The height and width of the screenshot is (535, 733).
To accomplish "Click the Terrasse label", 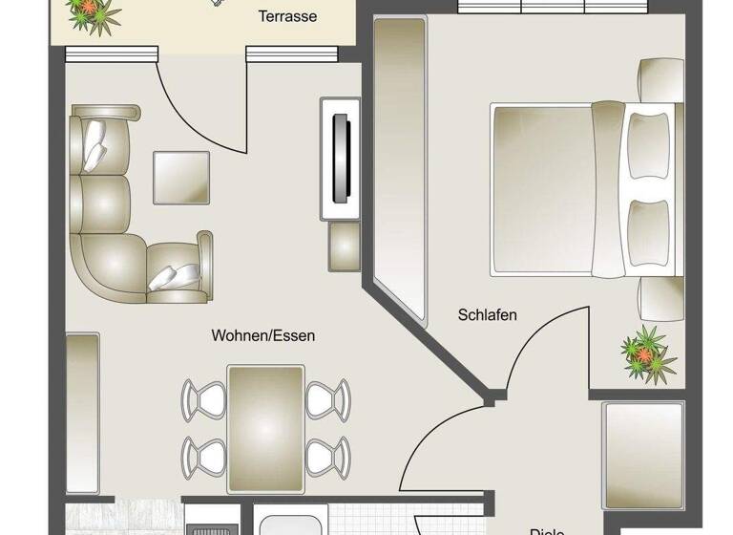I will point(287,16).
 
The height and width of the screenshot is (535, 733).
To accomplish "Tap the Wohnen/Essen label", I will point(262,336).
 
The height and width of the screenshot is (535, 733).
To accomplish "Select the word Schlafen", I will point(487,314).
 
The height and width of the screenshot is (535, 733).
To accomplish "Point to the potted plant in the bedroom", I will point(648,351).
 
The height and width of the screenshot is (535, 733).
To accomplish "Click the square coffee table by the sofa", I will point(181,178).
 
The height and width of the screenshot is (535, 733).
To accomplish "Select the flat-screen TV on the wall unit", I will point(340,158).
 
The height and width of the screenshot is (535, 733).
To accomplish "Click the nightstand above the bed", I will point(660,80).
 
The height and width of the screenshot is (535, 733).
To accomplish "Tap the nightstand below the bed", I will point(660,298).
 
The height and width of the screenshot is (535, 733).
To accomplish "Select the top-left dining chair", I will point(203,397).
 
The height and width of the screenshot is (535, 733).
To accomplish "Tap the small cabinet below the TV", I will point(344,246).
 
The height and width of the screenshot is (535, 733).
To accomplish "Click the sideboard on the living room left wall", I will point(82,399).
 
